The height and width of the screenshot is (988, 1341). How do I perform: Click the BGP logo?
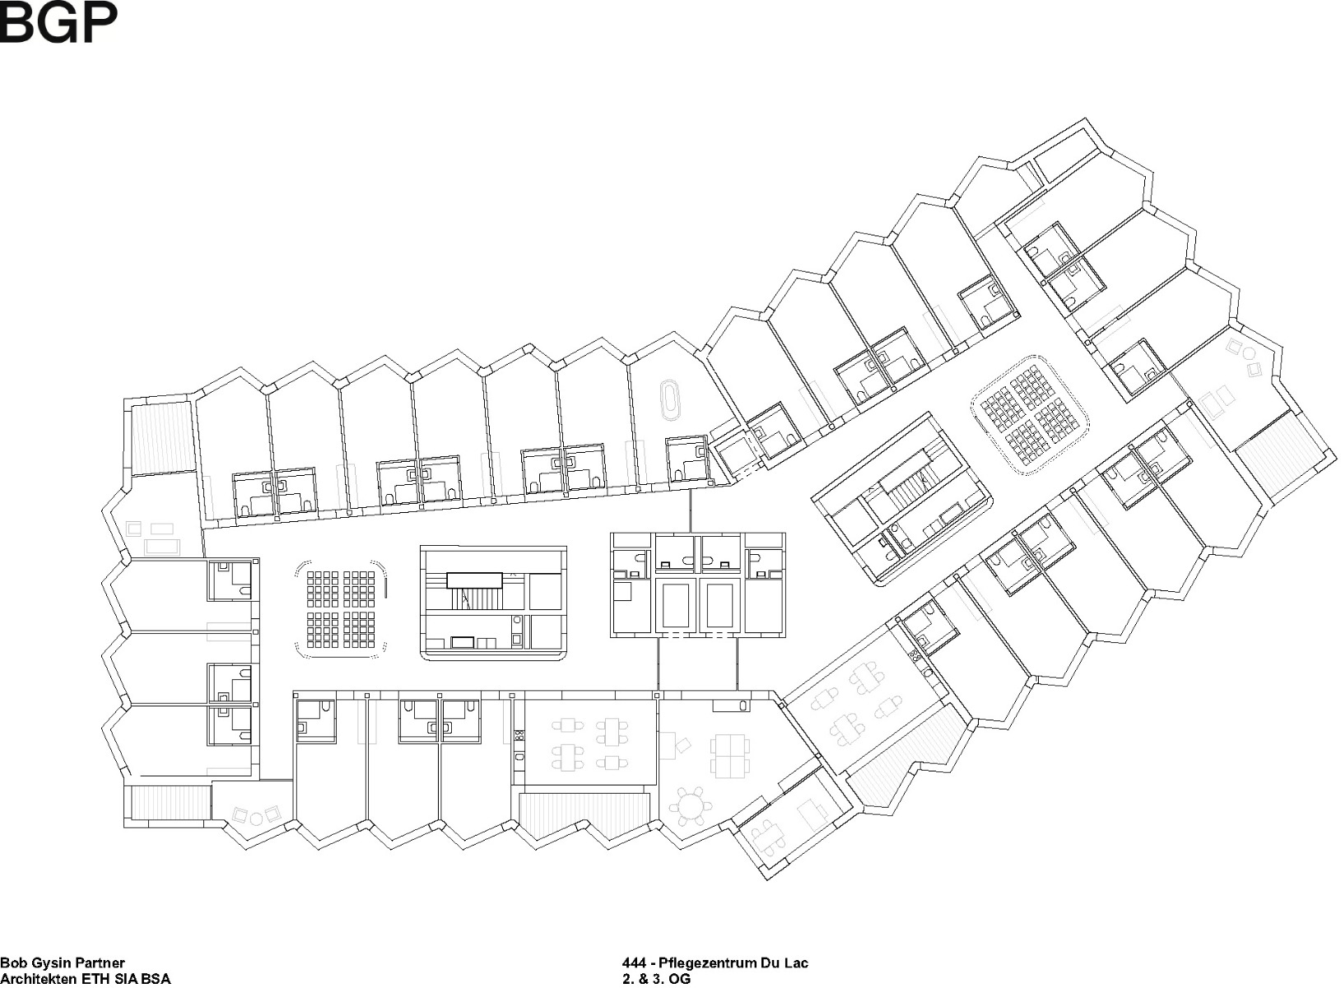(58, 22)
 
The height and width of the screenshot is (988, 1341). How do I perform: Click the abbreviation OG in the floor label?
(681, 979)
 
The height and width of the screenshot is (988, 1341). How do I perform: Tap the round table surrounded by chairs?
(690, 806)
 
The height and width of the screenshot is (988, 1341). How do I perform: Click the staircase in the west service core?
(474, 594)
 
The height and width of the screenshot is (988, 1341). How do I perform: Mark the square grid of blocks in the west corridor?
(340, 608)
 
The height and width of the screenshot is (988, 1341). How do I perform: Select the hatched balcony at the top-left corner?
(163, 436)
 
